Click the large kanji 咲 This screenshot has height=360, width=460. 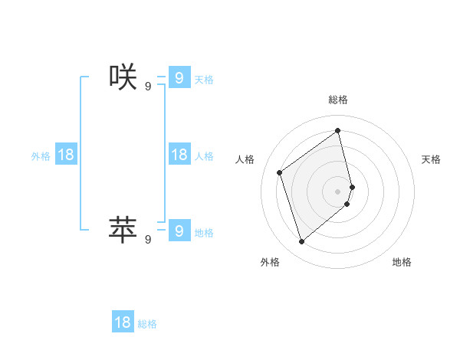point(123,77)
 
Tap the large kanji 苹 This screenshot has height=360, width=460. point(123,229)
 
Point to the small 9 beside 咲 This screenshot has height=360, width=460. point(147,87)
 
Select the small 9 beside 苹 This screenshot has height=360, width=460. point(147,239)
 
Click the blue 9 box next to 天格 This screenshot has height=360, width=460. point(179,77)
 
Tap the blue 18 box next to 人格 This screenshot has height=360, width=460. point(179,155)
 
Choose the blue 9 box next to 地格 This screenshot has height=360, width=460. point(179,230)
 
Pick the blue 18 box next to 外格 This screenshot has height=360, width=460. point(66,155)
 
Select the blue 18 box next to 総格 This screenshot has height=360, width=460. point(123,322)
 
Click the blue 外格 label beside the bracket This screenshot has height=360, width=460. point(41,155)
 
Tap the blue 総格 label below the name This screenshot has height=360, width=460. point(147,324)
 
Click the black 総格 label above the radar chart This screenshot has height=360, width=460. point(338,100)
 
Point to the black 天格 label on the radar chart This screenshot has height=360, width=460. point(432,159)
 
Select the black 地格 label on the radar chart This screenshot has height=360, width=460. point(402,262)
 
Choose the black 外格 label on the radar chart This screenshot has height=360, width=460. point(270,262)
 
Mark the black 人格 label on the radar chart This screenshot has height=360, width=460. point(245,159)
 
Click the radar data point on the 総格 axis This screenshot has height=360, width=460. point(338,130)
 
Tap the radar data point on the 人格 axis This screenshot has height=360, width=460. point(280,172)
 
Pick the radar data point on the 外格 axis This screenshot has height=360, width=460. point(301,242)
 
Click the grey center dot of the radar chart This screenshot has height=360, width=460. point(338,191)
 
